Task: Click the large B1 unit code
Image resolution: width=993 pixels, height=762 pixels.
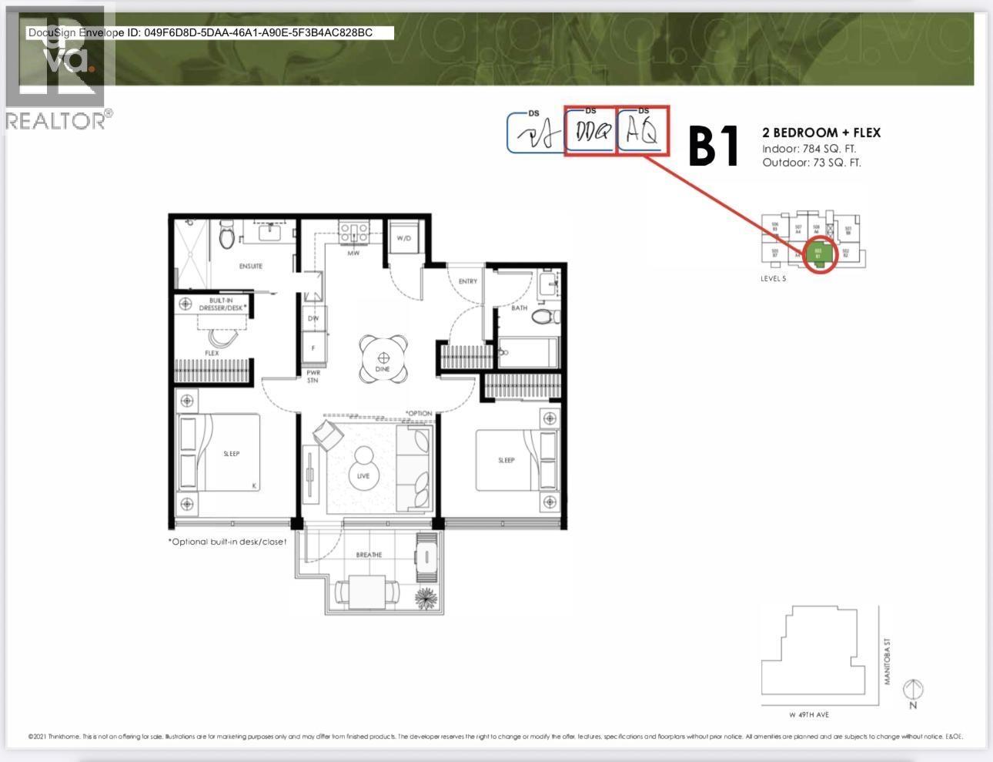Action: [x=713, y=146]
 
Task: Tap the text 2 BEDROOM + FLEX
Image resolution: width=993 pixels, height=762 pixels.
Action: [x=821, y=133]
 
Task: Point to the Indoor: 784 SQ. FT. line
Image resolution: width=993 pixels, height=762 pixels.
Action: [x=809, y=149]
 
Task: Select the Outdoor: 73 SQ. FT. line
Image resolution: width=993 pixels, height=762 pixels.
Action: [x=811, y=163]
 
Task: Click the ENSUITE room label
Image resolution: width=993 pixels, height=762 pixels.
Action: [x=251, y=266]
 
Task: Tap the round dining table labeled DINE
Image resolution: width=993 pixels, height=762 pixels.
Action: [x=383, y=359]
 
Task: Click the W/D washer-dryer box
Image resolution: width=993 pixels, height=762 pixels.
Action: [x=404, y=238]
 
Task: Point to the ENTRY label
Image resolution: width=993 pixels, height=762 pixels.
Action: [x=467, y=281]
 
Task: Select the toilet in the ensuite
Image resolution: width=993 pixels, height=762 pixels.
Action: [x=226, y=235]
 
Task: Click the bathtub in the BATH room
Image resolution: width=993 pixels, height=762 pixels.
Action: [x=527, y=353]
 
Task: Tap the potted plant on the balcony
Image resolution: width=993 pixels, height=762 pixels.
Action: [x=425, y=598]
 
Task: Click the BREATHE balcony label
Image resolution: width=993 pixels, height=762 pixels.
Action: [x=369, y=555]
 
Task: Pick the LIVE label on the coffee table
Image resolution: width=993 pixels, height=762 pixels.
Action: [x=363, y=475]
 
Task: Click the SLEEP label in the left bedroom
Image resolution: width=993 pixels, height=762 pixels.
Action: [x=232, y=454]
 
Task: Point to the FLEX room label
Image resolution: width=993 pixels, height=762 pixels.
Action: [x=212, y=353]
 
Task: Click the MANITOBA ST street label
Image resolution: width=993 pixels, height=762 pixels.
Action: [x=887, y=666]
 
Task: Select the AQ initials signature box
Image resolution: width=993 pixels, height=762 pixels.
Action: [x=643, y=132]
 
